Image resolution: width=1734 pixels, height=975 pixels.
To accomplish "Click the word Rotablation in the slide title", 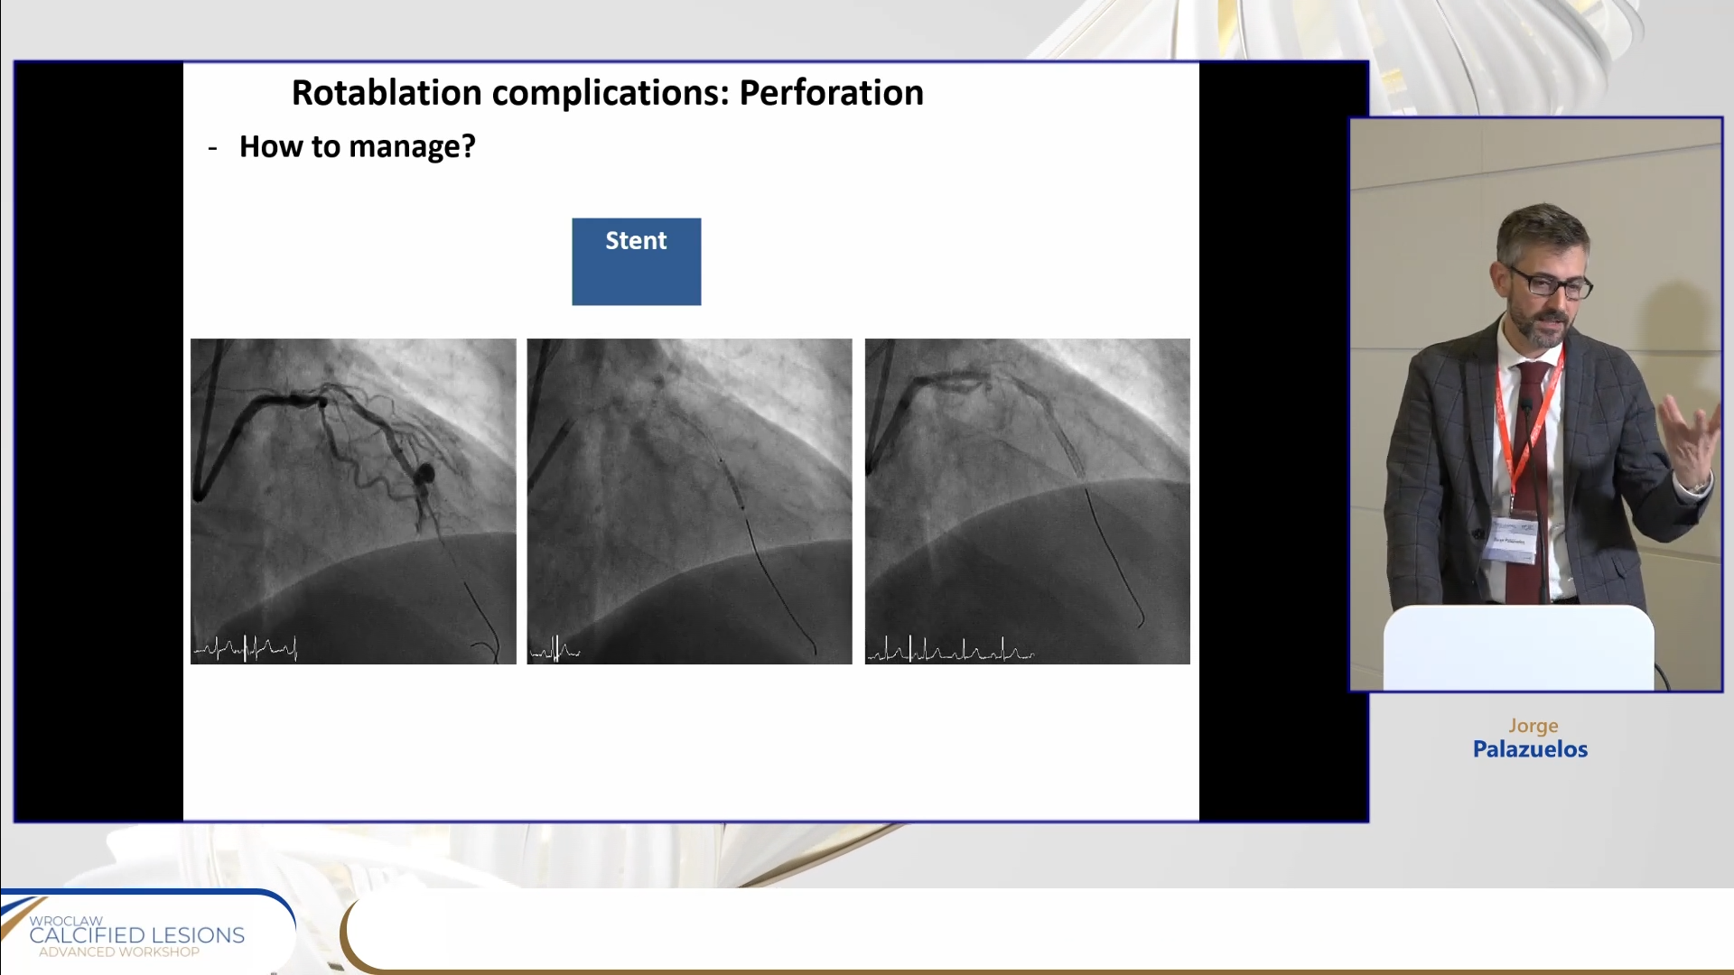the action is coord(387,93).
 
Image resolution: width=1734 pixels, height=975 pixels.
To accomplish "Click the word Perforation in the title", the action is coord(831,93).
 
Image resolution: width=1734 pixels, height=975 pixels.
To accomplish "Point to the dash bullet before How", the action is coord(212,149).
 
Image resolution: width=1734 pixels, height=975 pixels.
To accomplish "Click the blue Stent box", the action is coord(636,262).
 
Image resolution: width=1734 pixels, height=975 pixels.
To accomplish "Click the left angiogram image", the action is coord(353,501).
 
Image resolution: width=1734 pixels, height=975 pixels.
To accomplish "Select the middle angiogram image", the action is coord(689,501).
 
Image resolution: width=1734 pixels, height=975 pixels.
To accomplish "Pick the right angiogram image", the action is coord(1027,501).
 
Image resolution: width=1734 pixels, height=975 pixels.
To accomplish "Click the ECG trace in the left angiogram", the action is coord(246,647).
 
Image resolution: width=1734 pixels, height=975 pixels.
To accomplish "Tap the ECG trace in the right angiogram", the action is coord(950,649).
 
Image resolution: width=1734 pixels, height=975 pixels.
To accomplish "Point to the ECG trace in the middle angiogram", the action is coord(555,648).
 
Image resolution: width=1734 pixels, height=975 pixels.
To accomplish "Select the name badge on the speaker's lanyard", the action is coord(1510,541).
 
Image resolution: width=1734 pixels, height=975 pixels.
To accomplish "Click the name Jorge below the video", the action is coord(1533,726).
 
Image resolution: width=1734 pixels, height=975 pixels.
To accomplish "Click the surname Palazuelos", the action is coord(1530,749).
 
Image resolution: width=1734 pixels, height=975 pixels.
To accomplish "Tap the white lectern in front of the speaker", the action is coord(1518,648).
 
